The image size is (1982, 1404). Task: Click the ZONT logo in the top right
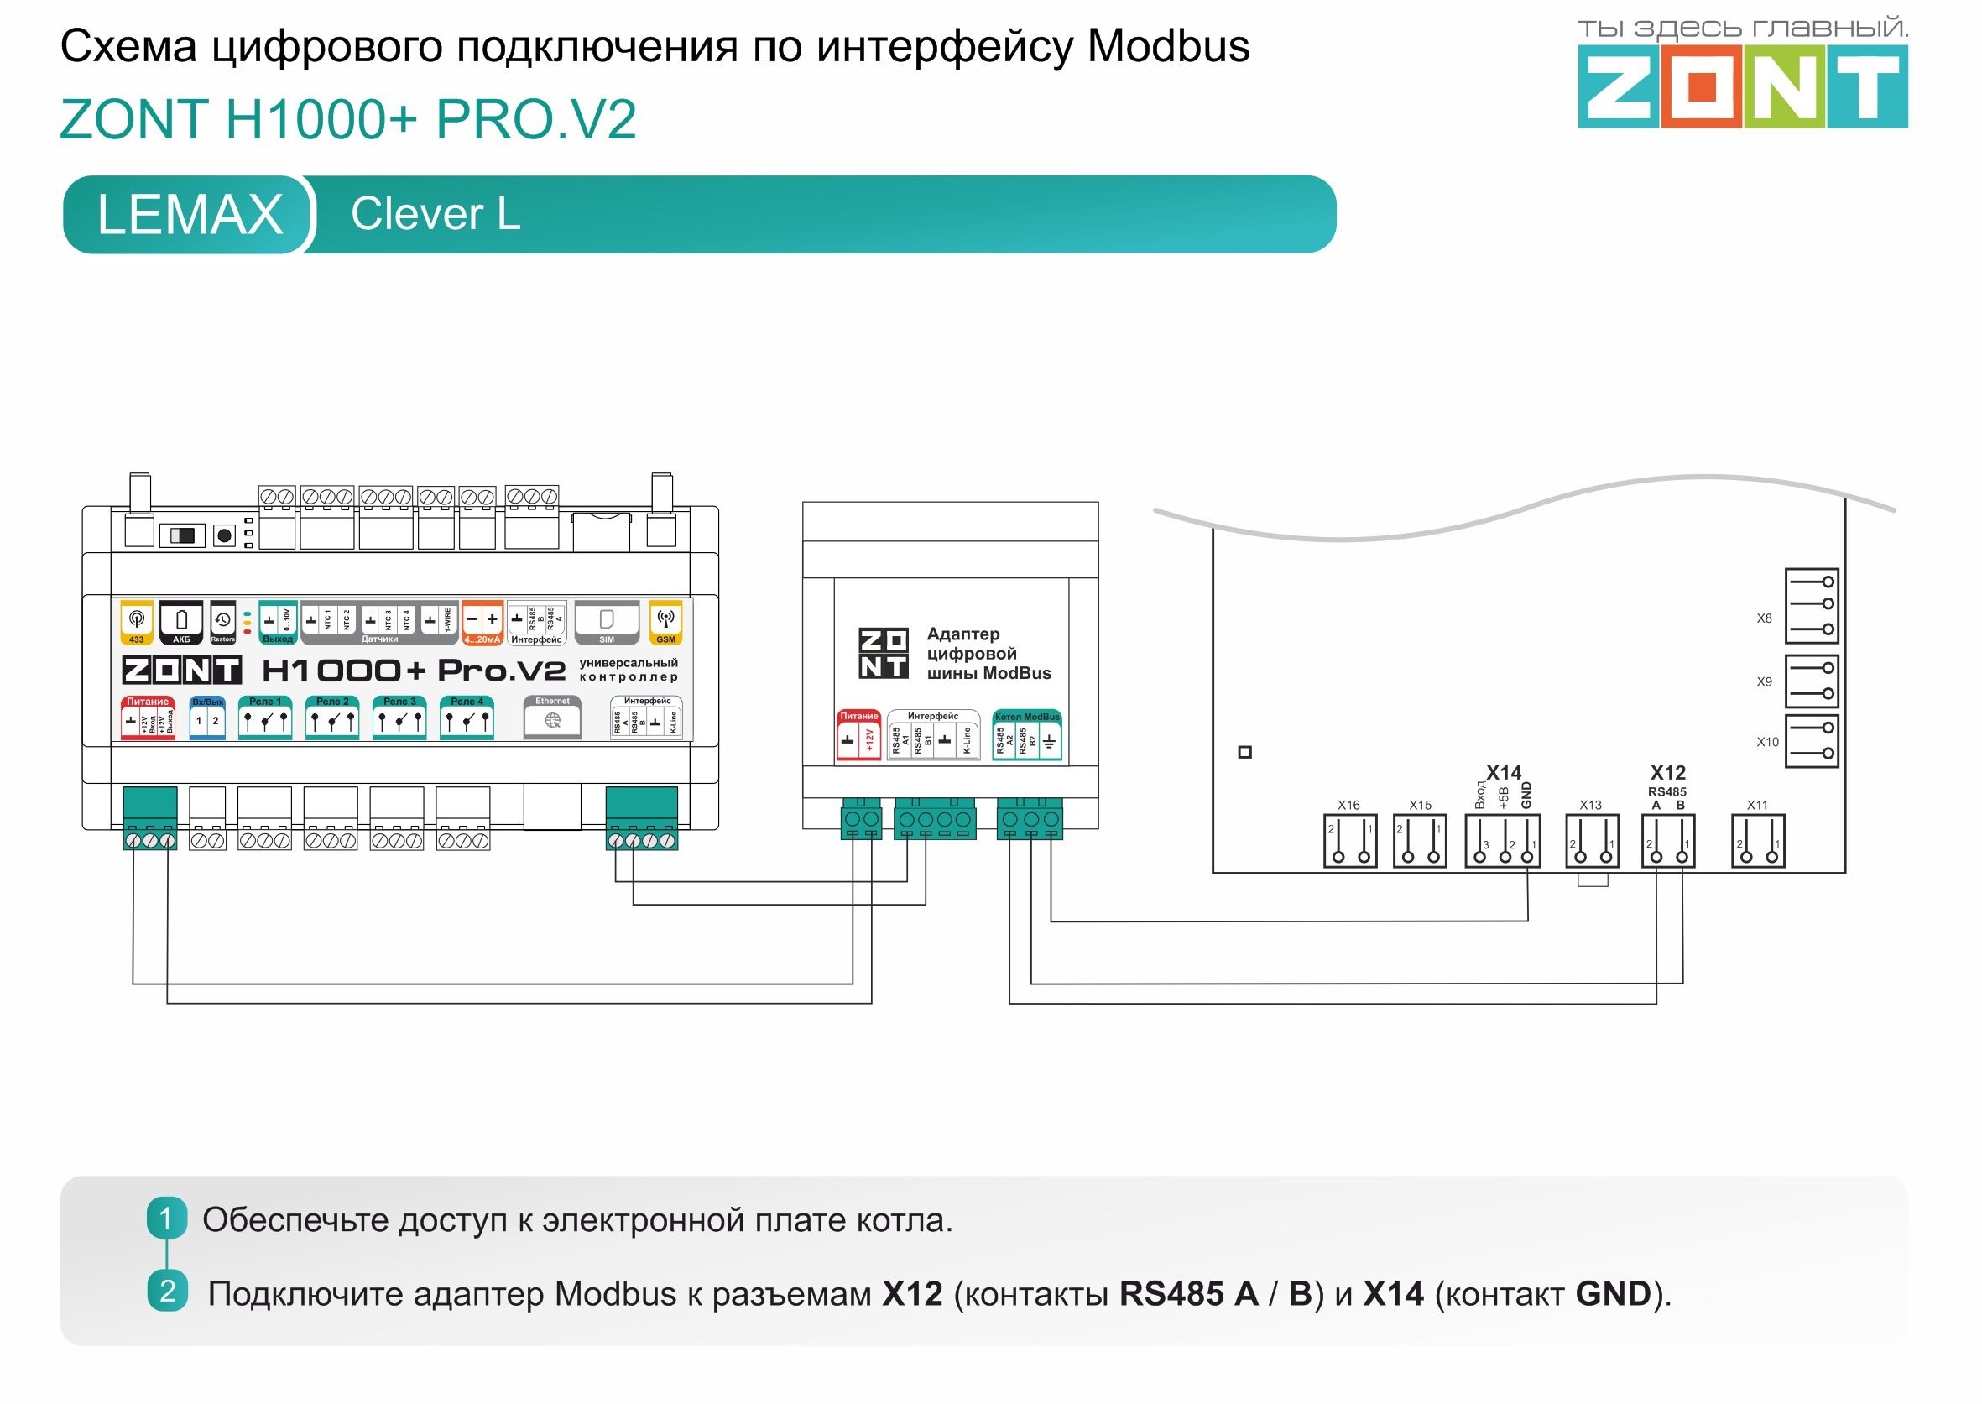1742,86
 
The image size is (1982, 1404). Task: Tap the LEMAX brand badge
190,214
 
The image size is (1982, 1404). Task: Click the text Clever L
436,213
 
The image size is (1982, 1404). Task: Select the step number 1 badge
167,1219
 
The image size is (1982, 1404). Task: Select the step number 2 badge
167,1292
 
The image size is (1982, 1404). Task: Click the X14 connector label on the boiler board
1503,772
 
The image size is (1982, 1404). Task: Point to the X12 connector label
1667,772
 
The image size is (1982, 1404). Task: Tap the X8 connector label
1764,618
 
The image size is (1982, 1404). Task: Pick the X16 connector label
1348,805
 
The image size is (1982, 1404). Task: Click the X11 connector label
1757,805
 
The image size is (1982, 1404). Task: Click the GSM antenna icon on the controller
665,620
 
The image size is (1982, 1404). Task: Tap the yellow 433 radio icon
137,620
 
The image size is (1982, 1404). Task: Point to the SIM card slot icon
607,620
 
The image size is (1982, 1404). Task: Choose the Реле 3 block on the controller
399,718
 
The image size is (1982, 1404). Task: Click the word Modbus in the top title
1168,47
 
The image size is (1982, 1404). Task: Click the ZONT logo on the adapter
883,654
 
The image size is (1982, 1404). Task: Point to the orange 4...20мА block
482,622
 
